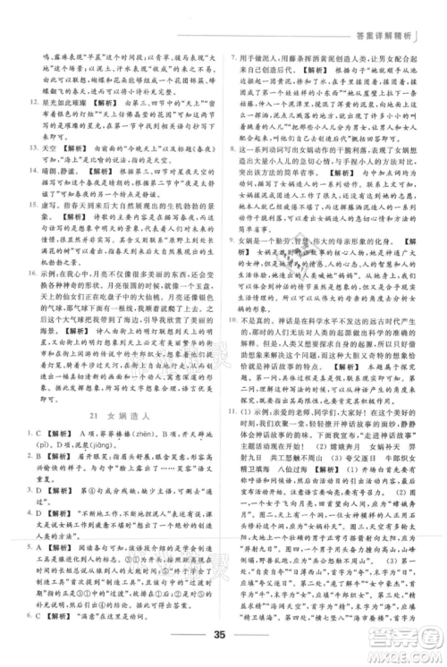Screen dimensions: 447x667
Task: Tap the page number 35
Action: coord(223,637)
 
